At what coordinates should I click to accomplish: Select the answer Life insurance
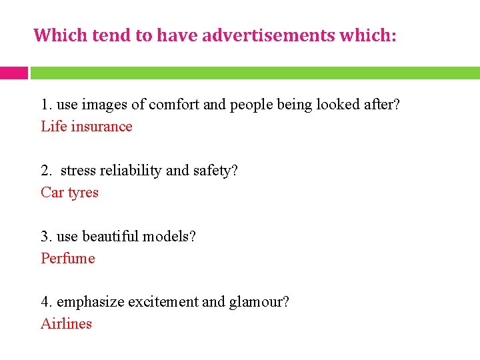click(x=87, y=127)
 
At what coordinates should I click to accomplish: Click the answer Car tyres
click(x=69, y=193)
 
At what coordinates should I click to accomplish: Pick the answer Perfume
click(x=68, y=259)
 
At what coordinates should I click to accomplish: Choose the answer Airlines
click(x=66, y=324)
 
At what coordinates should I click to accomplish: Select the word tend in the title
click(x=112, y=35)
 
